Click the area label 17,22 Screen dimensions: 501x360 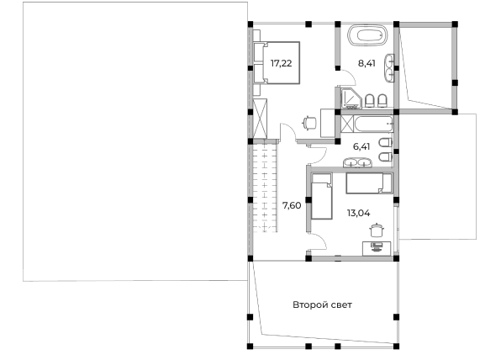click(281, 63)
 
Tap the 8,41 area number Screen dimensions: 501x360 click(367, 63)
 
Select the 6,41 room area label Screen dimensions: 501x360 click(361, 146)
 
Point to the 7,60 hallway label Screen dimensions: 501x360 click(292, 205)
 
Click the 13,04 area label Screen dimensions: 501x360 click(358, 213)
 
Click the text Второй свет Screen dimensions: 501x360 click(322, 304)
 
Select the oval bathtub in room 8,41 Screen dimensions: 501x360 click(367, 36)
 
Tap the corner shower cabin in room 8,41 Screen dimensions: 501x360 click(351, 98)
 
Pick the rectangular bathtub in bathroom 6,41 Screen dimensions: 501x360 click(373, 124)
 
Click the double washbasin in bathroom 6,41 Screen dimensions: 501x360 click(357, 162)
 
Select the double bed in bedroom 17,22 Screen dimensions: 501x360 click(277, 63)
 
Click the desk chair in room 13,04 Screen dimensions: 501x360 click(377, 230)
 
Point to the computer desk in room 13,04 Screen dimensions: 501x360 click(377, 248)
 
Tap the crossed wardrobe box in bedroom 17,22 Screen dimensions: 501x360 click(260, 119)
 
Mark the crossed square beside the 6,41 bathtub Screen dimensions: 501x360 click(347, 124)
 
